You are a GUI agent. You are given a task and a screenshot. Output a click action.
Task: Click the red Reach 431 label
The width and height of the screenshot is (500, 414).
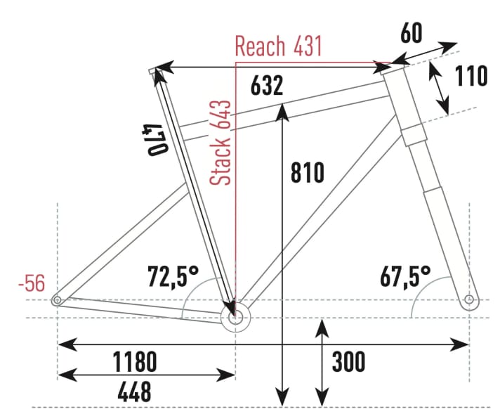tap(278, 46)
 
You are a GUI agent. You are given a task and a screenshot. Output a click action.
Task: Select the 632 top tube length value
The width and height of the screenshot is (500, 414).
tap(267, 85)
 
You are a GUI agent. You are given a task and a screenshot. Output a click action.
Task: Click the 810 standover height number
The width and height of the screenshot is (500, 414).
tap(307, 172)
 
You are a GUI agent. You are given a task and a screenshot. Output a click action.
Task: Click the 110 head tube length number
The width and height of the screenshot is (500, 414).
tap(471, 76)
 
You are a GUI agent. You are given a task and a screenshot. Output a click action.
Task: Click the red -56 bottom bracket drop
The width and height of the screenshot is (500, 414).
tap(32, 284)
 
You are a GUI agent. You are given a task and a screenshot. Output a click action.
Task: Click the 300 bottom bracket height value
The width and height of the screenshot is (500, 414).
tap(348, 362)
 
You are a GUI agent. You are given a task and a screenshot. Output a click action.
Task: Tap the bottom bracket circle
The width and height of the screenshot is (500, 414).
tap(235, 316)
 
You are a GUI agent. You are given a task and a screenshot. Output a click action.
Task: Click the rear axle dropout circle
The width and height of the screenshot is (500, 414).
tap(57, 300)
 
